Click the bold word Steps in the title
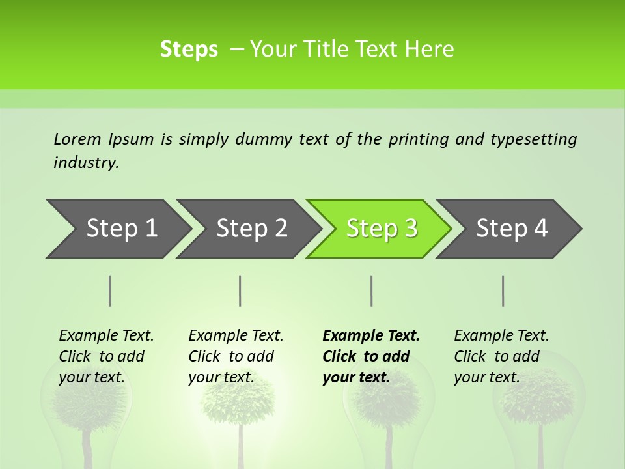[x=189, y=49]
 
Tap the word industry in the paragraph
[x=86, y=162]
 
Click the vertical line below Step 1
[x=110, y=291]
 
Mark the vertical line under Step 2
[x=240, y=291]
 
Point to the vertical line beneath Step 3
[x=371, y=291]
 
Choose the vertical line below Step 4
[x=503, y=291]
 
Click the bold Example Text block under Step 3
[x=371, y=356]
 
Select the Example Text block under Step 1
[x=106, y=356]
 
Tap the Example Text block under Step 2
[x=236, y=356]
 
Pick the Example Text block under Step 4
[x=501, y=356]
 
